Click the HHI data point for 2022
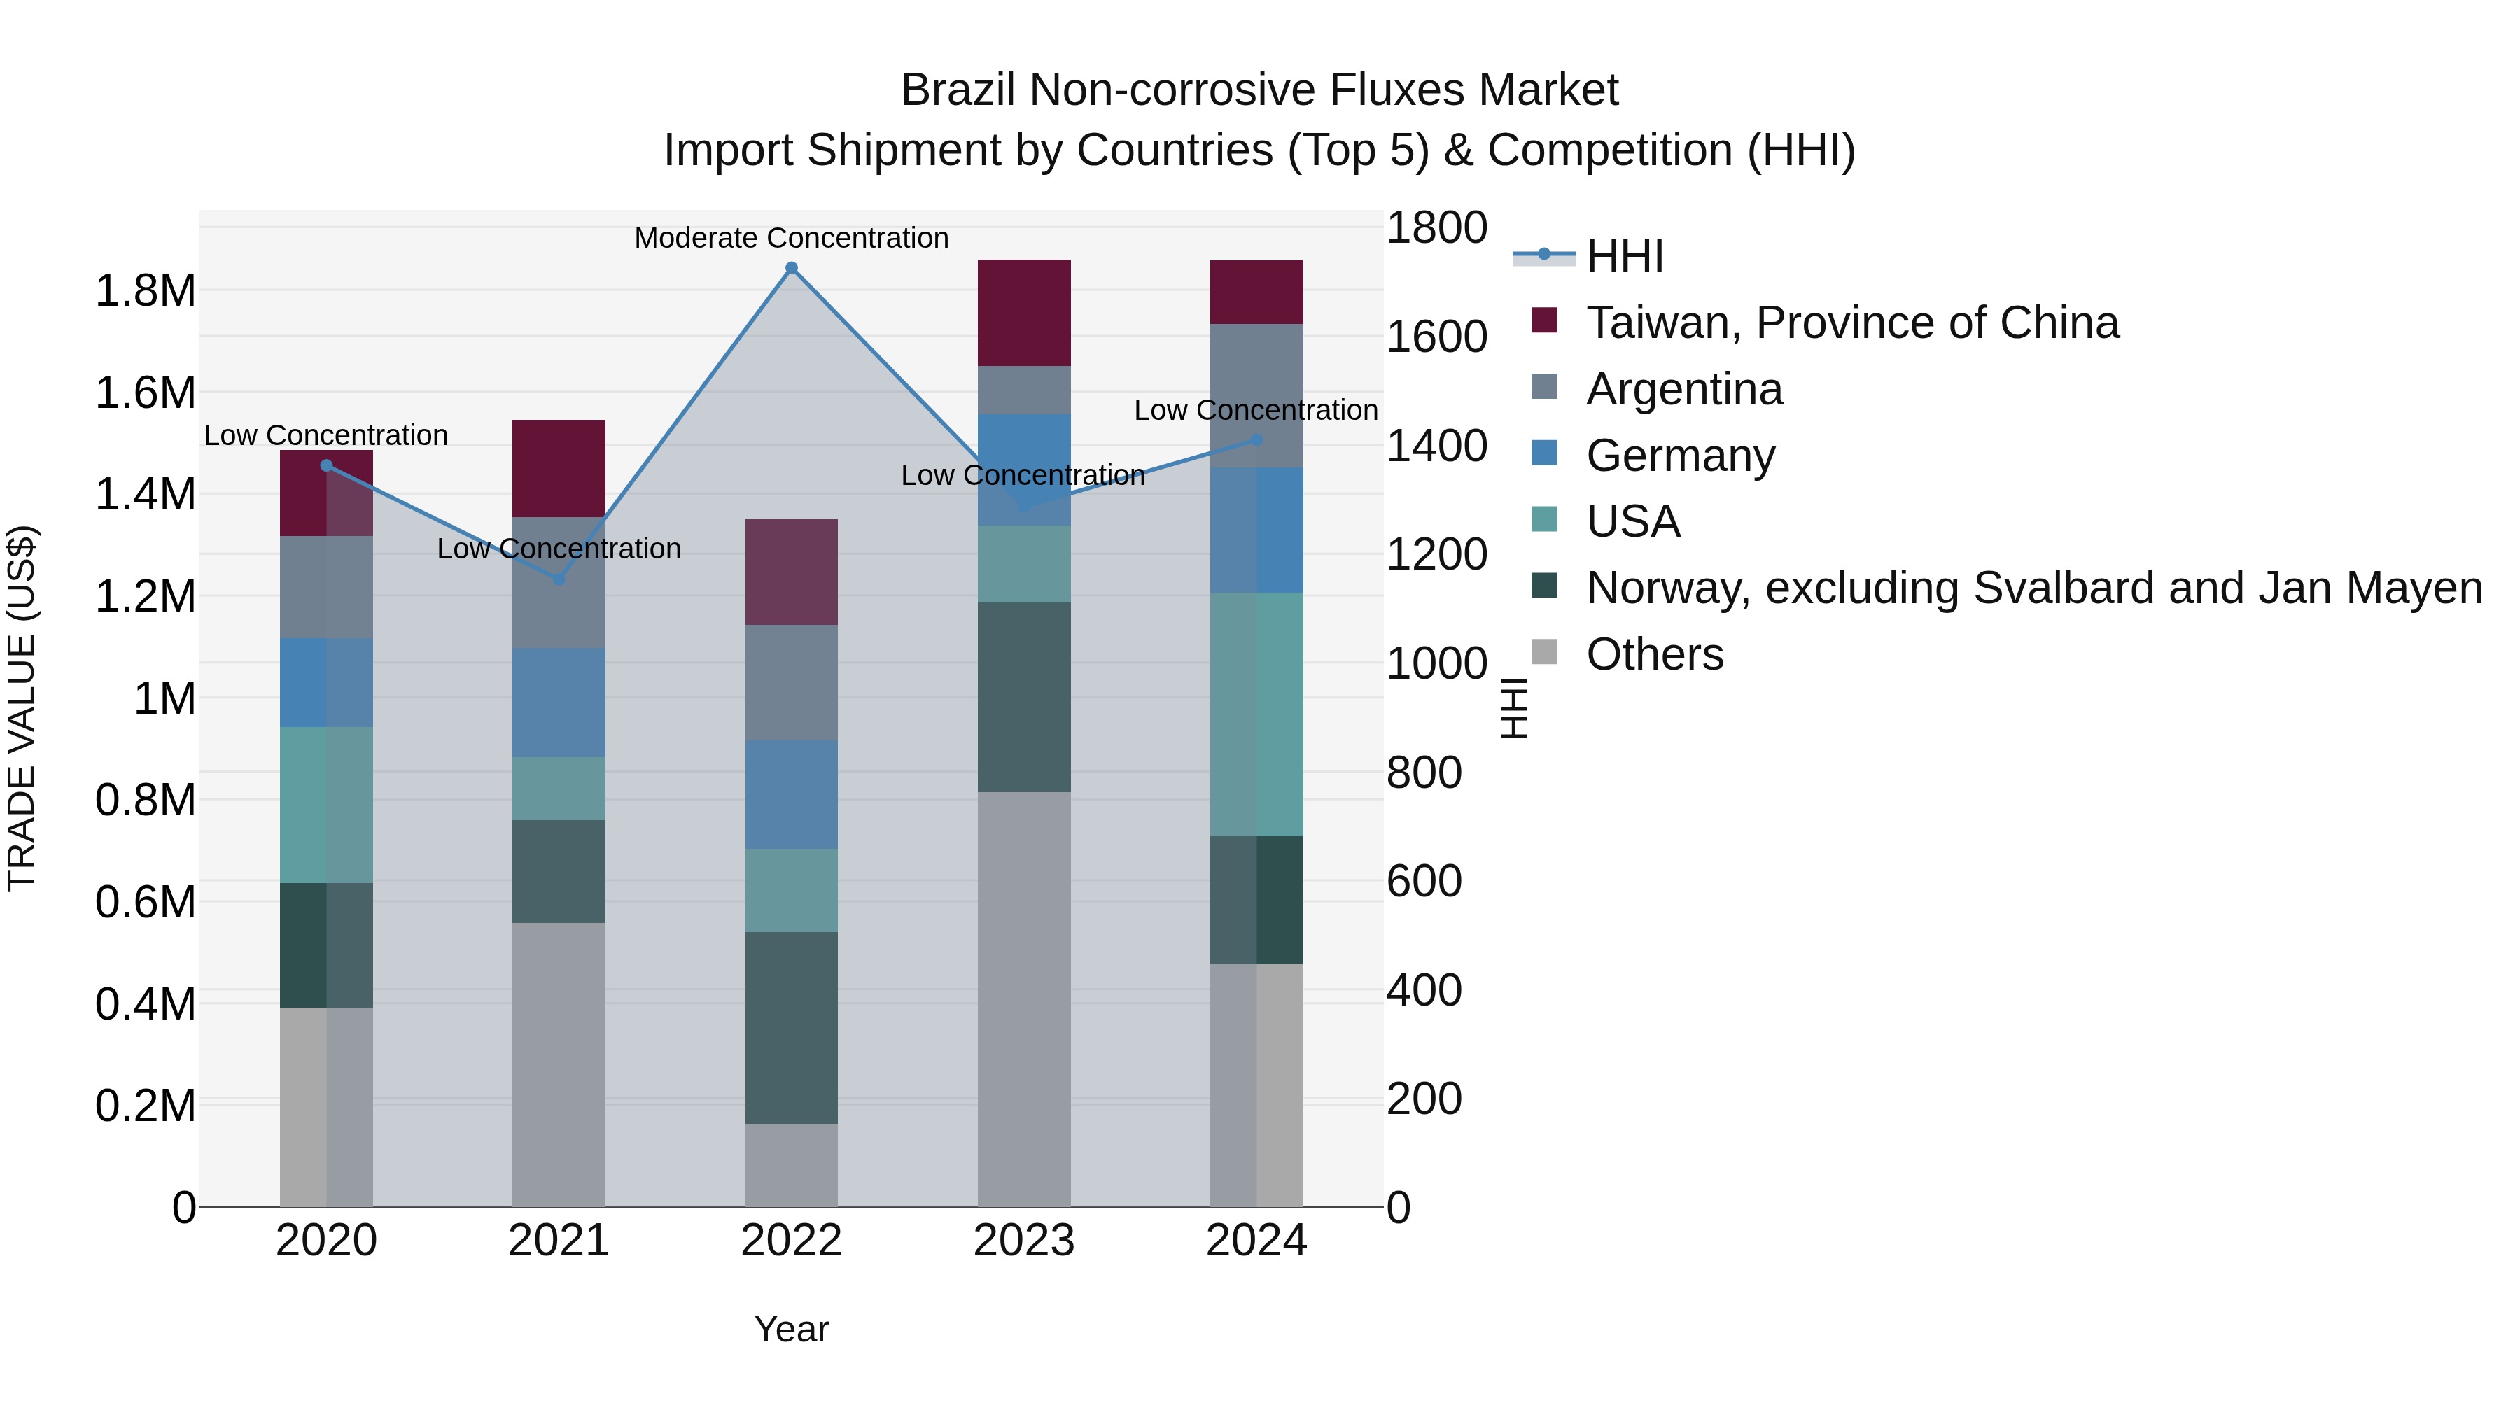click(x=792, y=268)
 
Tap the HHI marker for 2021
click(x=559, y=579)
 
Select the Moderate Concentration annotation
click(x=792, y=238)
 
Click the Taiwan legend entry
click(x=1851, y=323)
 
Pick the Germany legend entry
click(x=1680, y=456)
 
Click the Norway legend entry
click(x=2033, y=588)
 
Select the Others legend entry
click(x=1653, y=654)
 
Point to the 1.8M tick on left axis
click(x=145, y=290)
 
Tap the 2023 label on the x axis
click(x=1023, y=1241)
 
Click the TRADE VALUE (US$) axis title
click(x=22, y=708)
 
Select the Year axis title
click(x=792, y=1329)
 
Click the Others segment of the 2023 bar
click(x=1023, y=997)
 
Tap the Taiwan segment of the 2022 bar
click(x=792, y=572)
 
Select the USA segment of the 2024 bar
click(x=1256, y=714)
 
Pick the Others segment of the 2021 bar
click(x=559, y=1064)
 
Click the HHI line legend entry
click(x=1624, y=256)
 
